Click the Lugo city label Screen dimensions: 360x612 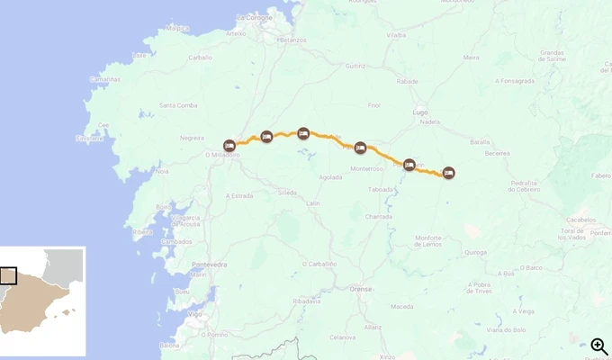(419, 112)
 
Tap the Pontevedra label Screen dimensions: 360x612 (210, 265)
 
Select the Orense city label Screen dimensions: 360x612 (360, 289)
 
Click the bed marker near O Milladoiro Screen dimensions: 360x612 (229, 145)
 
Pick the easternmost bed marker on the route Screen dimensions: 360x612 (448, 173)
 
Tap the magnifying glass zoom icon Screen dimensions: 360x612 (598, 346)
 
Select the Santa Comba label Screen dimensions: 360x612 (178, 105)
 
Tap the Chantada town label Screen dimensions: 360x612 (377, 216)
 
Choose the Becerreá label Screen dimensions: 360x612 (497, 153)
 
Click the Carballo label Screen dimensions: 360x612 (200, 58)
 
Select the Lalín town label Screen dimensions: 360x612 (313, 203)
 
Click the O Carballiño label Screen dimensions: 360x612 (317, 264)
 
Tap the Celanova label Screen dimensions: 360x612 (343, 337)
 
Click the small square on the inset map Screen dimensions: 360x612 (8, 275)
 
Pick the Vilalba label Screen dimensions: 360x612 (397, 35)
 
